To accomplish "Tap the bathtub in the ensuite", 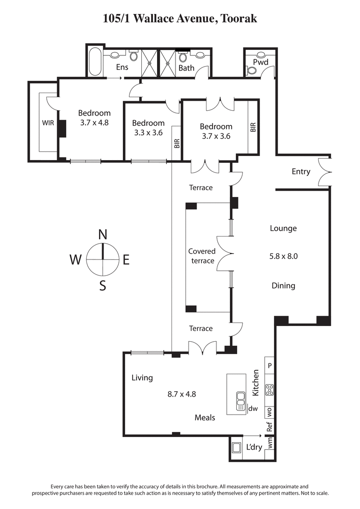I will click(94, 62).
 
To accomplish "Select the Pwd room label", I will click(260, 62).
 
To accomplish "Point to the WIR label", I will click(48, 123).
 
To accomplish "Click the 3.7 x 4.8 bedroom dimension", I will click(94, 122).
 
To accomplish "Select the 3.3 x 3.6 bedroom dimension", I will click(148, 133).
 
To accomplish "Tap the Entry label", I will click(301, 171).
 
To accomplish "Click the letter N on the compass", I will click(103, 234).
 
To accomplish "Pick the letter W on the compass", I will click(76, 259).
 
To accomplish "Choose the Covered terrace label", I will click(202, 256).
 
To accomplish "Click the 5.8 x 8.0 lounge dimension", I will click(283, 257).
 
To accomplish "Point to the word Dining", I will click(283, 286).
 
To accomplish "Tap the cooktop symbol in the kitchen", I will click(270, 390).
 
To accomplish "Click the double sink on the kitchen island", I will click(240, 399).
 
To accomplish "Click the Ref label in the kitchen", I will click(270, 427).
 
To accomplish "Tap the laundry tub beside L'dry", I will click(236, 448).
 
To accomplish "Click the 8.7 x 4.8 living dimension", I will click(181, 394).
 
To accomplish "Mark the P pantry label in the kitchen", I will click(270, 366).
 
